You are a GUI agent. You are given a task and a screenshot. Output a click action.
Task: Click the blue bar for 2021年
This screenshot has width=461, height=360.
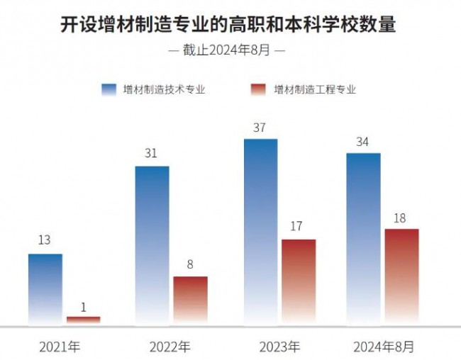pyautogui.click(x=45, y=289)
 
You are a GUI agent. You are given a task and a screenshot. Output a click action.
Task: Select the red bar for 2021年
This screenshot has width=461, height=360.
pyautogui.click(x=84, y=320)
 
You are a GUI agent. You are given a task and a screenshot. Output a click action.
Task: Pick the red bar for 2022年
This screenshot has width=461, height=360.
pyautogui.click(x=191, y=300)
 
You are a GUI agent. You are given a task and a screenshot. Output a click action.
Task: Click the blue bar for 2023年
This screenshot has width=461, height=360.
pyautogui.click(x=260, y=232)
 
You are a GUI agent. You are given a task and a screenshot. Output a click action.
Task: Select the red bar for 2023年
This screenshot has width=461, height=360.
pyautogui.click(x=299, y=282)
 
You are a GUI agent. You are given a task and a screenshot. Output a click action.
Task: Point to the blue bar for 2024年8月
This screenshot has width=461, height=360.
pyautogui.click(x=363, y=239)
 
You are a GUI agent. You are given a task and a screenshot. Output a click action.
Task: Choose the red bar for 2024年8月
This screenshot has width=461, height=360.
pyautogui.click(x=401, y=276)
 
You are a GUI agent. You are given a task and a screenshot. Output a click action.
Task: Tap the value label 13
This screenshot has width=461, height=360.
pyautogui.click(x=44, y=240)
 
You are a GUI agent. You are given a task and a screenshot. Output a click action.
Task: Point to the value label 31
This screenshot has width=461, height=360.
pyautogui.click(x=150, y=153)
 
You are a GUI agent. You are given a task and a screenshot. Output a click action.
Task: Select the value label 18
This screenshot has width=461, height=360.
pyautogui.click(x=399, y=218)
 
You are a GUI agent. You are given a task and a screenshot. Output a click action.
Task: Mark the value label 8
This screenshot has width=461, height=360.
pyautogui.click(x=191, y=264)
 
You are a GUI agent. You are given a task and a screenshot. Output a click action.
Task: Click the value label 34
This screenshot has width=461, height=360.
pyautogui.click(x=362, y=142)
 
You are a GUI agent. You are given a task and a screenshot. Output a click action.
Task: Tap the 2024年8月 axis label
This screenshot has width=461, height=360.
pyautogui.click(x=384, y=347)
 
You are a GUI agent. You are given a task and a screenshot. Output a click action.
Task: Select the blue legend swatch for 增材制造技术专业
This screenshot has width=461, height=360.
pyautogui.click(x=109, y=89)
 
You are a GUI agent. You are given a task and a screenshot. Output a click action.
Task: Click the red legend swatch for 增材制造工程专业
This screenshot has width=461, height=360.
pyautogui.click(x=258, y=89)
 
